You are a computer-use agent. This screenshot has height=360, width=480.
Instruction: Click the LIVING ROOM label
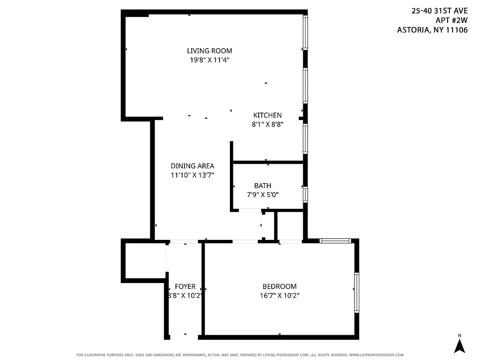210,51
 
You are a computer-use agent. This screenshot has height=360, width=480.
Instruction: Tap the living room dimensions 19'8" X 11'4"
210,59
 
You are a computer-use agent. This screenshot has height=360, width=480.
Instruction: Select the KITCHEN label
267,115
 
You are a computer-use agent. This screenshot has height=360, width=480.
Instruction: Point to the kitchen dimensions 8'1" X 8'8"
267,124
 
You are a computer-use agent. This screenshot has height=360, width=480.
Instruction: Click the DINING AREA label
192,166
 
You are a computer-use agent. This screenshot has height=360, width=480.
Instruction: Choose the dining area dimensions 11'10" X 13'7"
192,175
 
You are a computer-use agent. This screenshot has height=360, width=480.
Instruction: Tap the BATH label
262,185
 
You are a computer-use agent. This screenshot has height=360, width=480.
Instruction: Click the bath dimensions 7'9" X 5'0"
262,194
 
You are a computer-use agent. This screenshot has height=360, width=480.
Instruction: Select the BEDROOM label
279,286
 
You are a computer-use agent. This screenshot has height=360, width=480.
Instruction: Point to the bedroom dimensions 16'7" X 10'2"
279,295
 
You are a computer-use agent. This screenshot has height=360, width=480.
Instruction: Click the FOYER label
185,286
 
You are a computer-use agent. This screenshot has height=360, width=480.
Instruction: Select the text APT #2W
452,20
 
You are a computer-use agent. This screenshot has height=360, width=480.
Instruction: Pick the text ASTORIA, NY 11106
432,30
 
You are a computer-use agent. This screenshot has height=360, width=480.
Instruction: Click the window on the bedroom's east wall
356,292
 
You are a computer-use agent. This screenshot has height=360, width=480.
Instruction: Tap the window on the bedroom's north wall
335,241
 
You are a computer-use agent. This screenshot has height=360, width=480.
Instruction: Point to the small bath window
305,194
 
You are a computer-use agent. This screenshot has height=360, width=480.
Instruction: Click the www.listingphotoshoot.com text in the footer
376,355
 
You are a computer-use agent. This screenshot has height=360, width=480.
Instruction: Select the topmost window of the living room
305,32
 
